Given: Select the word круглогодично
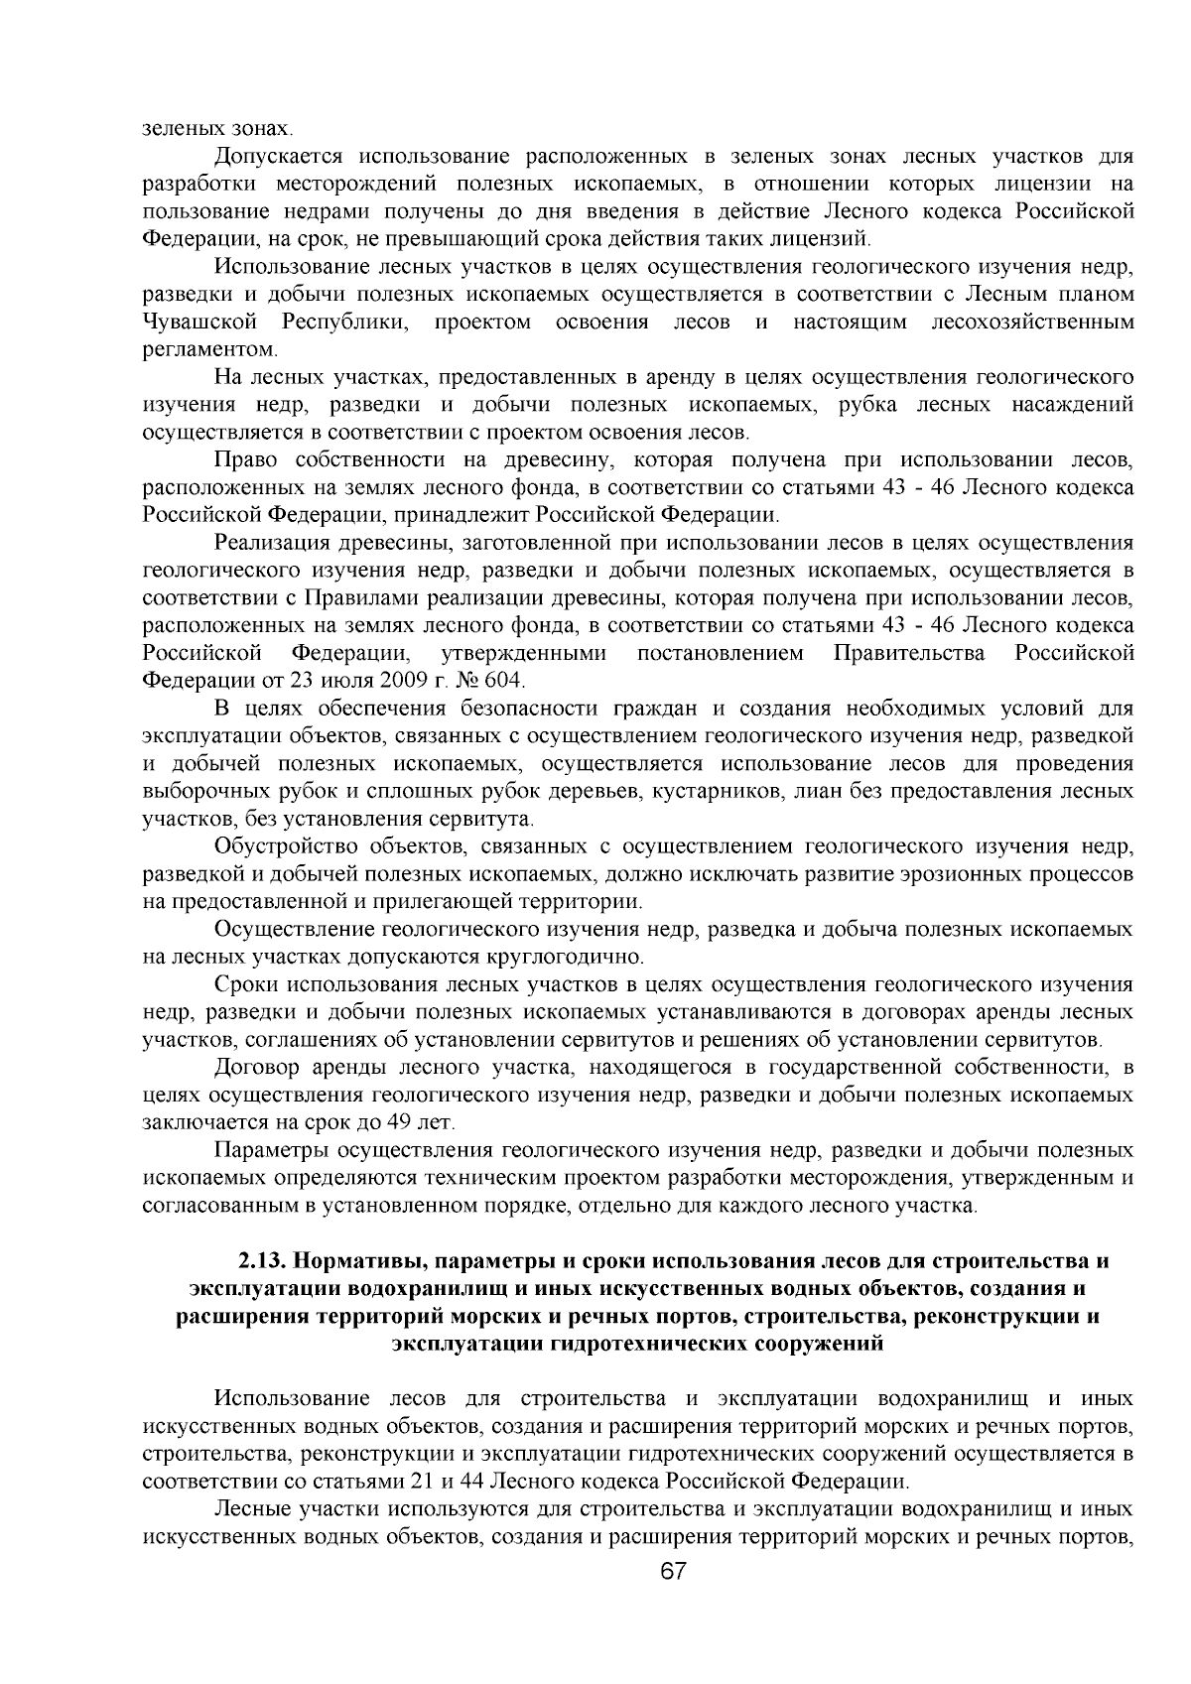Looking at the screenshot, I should click(579, 958).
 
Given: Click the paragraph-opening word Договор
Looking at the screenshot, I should click(255, 1068).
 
